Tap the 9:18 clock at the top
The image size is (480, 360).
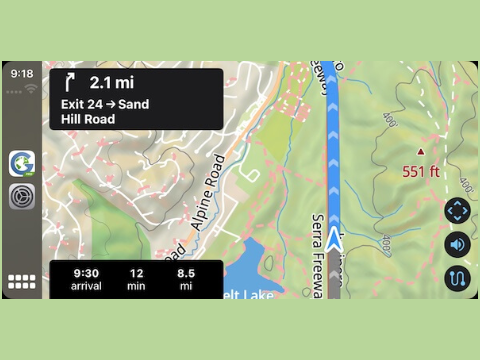[22, 74]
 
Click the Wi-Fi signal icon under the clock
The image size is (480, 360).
[22, 88]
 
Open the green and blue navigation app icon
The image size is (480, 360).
[22, 163]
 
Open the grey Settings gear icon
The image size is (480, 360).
[22, 197]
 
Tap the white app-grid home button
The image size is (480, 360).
[22, 282]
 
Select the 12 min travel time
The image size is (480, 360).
[138, 273]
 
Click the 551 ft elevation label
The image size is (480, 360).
[421, 171]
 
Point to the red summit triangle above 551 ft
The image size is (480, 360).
[420, 152]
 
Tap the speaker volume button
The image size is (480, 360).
[457, 244]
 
